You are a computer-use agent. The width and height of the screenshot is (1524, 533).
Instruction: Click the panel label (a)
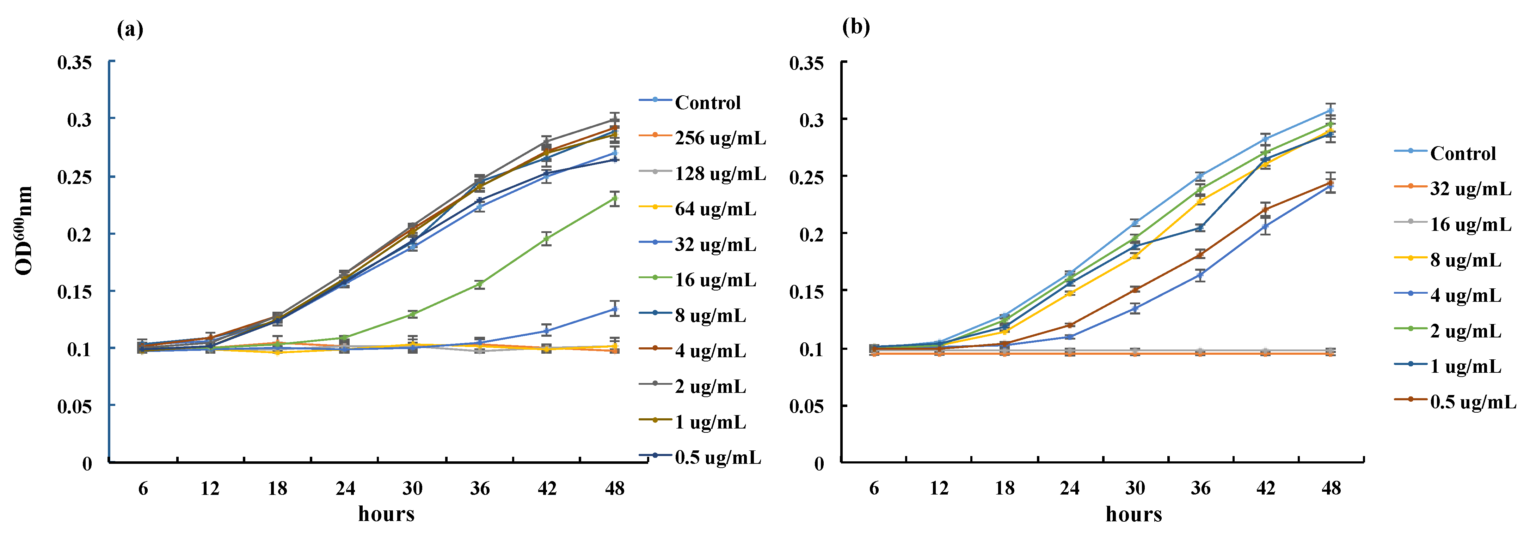click(130, 29)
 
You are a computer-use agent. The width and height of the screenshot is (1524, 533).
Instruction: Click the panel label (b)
click(856, 27)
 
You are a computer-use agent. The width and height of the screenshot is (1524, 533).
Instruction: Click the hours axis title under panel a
click(386, 514)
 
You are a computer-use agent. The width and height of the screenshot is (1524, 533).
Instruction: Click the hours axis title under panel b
click(1133, 514)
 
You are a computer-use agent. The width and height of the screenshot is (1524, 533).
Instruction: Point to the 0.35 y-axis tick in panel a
click(75, 62)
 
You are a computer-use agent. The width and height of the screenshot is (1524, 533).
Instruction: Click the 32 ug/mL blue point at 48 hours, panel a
click(615, 309)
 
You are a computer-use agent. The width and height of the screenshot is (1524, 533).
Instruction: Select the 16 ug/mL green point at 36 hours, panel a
click(480, 284)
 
